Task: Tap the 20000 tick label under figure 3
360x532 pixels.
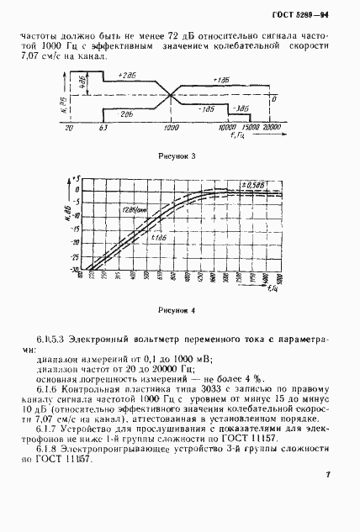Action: tap(269, 127)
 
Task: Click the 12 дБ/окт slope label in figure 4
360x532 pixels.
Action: tap(132, 208)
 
